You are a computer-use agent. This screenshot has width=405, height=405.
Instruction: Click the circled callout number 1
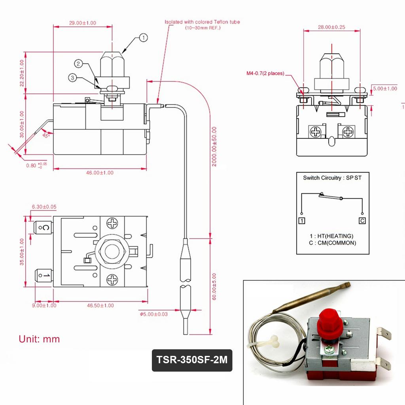[143, 38]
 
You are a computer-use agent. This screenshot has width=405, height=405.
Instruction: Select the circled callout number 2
[79, 63]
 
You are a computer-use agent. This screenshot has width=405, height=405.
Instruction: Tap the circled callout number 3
[72, 78]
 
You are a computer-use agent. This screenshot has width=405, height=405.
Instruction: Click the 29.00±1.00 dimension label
[82, 23]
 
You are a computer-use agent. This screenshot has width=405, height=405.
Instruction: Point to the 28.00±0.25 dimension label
[332, 27]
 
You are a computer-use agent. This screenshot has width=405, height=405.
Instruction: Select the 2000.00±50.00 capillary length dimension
[214, 146]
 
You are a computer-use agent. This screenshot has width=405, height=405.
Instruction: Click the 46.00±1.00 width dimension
[100, 173]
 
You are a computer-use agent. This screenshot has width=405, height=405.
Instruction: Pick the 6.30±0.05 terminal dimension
[44, 206]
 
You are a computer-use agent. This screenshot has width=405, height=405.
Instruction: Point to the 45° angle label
[46, 135]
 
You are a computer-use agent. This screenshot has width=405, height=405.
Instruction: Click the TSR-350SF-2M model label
[192, 360]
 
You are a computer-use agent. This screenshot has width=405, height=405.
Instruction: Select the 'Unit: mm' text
[39, 339]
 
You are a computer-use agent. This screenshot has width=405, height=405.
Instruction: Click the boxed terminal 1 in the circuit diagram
[302, 221]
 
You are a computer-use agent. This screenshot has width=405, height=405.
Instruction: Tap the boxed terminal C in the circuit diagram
[362, 221]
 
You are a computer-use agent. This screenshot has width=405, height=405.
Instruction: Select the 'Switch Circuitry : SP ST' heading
[332, 178]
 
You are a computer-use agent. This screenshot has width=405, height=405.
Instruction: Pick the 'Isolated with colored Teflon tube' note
[202, 22]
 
